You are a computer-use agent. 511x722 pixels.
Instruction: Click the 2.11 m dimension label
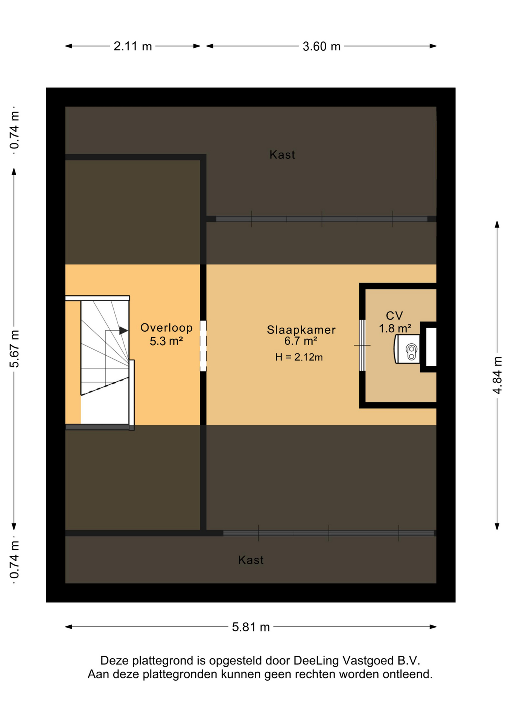132,46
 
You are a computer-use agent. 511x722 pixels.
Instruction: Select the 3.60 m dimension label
321,46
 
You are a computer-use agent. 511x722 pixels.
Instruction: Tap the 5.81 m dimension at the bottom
251,627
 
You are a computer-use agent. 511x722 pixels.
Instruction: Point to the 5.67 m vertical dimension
14,349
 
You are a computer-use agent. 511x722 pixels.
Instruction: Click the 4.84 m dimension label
497,375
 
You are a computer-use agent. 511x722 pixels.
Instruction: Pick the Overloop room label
166,328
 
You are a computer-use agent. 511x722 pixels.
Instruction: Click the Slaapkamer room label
301,329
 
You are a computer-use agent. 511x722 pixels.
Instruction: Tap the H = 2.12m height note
299,357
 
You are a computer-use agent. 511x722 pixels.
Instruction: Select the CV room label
394,315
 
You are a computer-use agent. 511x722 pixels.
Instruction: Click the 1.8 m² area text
395,328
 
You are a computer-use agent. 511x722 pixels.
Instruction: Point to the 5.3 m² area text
166,341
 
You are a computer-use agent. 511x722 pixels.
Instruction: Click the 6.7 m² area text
300,341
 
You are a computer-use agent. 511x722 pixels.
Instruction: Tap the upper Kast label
282,155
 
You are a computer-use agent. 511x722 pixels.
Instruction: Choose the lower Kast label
251,560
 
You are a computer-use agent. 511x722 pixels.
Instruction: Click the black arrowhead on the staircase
123,331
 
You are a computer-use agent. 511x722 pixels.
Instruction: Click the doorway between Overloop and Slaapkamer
203,346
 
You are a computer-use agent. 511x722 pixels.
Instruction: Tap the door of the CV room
362,345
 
